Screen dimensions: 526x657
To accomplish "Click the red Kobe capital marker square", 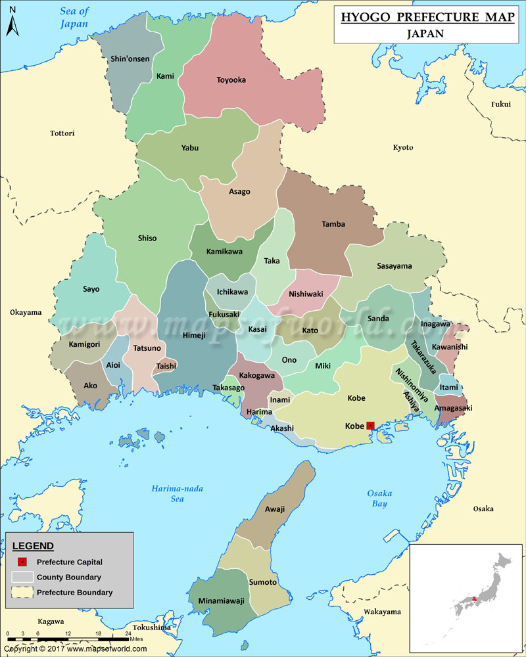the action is [370, 426].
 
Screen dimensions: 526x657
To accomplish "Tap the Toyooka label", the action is [231, 80].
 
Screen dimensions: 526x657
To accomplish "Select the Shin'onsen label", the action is [130, 59].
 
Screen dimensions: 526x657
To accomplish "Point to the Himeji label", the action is [193, 336].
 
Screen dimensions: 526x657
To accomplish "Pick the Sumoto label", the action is [263, 582].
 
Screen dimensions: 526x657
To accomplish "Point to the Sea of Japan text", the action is [74, 17].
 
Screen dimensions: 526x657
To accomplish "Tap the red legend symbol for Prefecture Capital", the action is [22, 562].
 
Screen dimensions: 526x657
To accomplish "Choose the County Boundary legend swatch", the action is [22, 578].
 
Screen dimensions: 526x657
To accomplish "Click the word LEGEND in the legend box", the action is [34, 546].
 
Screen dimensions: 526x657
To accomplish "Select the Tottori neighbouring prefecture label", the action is [62, 133].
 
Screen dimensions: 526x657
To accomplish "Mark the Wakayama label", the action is [382, 612].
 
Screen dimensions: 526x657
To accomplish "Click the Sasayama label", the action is [394, 266].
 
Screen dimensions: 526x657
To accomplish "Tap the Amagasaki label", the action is [453, 408].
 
